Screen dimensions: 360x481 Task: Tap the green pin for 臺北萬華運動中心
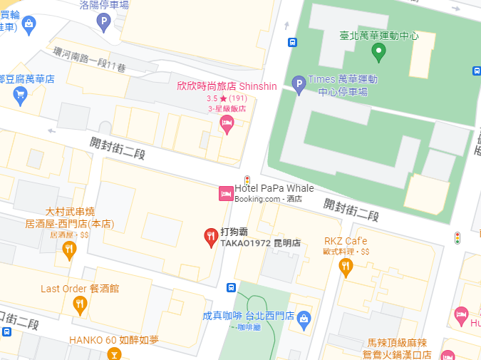pos(379,51)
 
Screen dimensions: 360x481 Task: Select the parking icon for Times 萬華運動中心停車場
pos(299,85)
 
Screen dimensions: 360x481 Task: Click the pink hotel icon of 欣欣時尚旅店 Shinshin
pos(227,125)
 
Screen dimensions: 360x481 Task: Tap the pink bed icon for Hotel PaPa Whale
pos(225,192)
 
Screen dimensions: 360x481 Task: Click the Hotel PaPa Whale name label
pos(274,188)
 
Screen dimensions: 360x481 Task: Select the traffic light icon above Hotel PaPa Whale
pos(247,180)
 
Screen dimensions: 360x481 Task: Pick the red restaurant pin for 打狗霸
pos(210,237)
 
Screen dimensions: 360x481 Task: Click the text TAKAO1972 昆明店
pos(259,243)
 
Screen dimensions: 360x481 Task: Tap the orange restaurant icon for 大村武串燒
pos(69,249)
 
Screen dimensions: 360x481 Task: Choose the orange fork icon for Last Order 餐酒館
pos(80,305)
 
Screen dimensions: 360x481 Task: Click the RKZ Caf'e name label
pos(346,240)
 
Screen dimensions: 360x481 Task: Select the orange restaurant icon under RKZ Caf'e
pos(346,267)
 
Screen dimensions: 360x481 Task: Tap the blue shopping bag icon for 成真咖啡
pos(304,317)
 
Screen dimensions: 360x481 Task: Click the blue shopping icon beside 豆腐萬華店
pos(20,96)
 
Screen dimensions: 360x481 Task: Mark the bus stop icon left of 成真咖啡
pos(231,288)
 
